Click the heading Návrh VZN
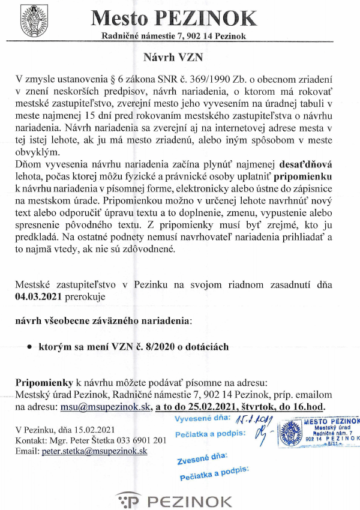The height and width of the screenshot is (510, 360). pyautogui.click(x=180, y=58)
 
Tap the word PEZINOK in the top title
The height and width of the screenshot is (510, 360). pyautogui.click(x=205, y=17)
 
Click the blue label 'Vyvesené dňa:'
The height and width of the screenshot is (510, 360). pyautogui.click(x=199, y=418)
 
